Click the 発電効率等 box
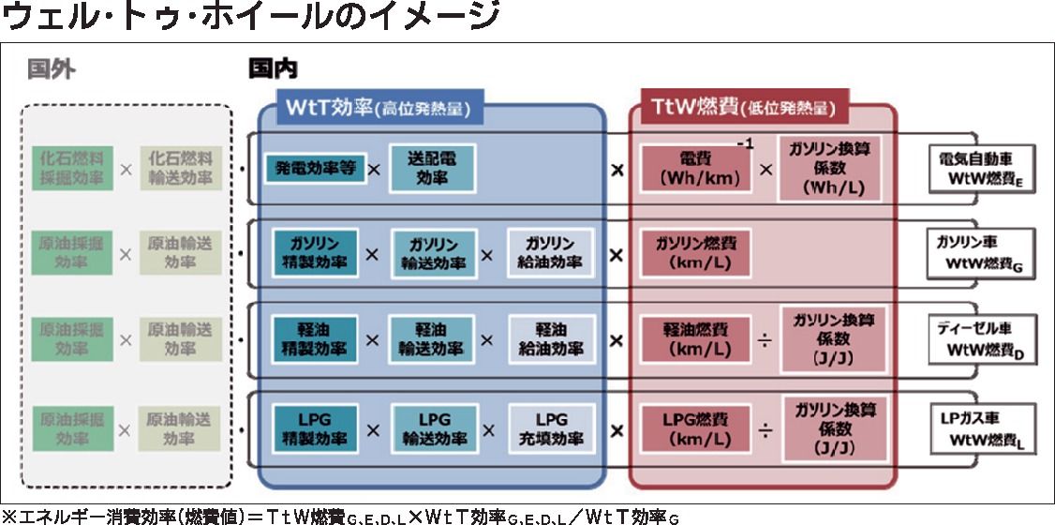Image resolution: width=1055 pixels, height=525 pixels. tap(314, 170)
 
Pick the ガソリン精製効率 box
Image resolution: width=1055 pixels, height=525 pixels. tap(315, 252)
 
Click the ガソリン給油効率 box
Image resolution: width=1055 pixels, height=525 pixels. tap(551, 252)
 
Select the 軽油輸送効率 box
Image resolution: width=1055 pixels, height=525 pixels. tap(433, 338)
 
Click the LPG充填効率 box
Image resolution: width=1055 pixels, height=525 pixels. tap(551, 428)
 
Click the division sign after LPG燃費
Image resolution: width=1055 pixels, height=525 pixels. tap(766, 430)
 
